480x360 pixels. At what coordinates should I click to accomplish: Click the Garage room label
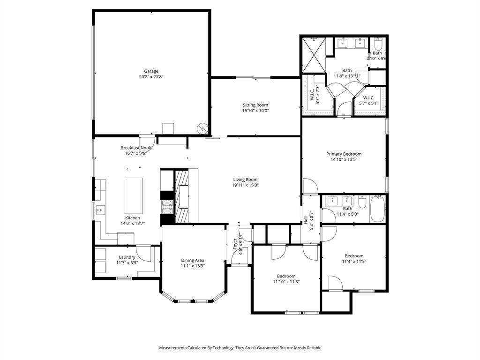(151, 71)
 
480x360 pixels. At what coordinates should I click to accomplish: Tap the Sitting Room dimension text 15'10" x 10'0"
(255, 111)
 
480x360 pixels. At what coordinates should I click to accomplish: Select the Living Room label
(245, 179)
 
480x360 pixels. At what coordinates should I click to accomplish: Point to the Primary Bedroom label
(344, 154)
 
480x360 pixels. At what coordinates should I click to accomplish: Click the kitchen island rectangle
(133, 195)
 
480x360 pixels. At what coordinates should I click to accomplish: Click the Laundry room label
(127, 257)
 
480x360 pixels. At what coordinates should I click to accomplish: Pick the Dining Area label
(193, 260)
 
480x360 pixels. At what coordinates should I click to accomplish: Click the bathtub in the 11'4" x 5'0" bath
(377, 209)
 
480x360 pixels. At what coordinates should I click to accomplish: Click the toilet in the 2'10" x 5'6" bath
(378, 45)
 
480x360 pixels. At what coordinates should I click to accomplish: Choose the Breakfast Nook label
(135, 148)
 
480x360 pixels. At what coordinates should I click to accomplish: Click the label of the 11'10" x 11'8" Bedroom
(286, 276)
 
